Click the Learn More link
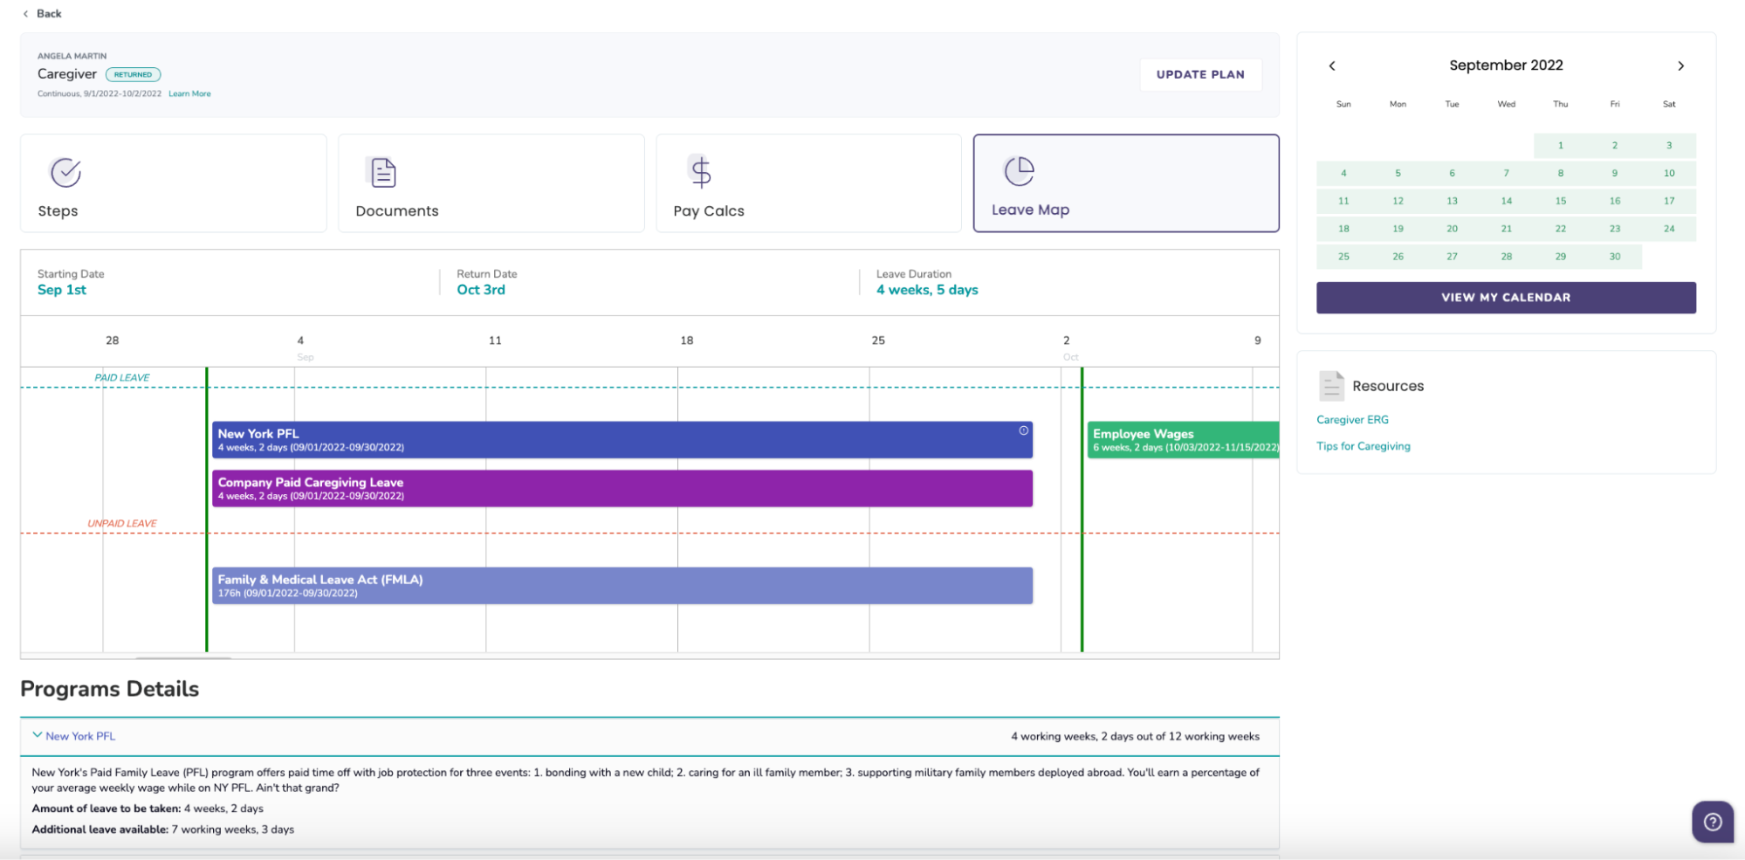189,93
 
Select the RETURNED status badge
133,75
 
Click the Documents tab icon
382,172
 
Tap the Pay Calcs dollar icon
700,172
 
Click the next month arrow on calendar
1680,66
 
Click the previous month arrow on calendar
1332,66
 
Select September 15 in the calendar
1560,201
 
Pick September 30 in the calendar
1614,257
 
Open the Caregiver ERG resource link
1352,420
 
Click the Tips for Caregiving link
1363,446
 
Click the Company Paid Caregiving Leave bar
622,489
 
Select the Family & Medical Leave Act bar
622,586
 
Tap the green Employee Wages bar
1182,440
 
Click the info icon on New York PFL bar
1023,430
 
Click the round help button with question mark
1712,822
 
